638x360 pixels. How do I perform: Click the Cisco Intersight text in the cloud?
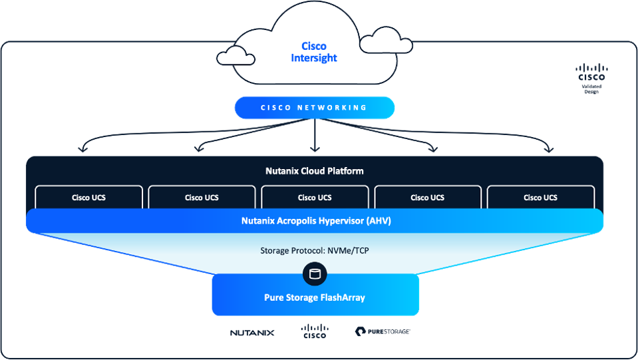coord(314,52)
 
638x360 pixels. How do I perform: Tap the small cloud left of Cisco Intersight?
coord(236,56)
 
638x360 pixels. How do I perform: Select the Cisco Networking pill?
coord(315,108)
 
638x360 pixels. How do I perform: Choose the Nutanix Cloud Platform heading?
coord(315,171)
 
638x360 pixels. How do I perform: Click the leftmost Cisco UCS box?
coord(89,198)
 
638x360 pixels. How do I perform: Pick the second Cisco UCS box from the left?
coord(202,198)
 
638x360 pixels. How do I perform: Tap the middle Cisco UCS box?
coord(315,198)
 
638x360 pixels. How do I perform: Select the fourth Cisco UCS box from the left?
coord(428,198)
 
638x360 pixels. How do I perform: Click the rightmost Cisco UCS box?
coord(540,198)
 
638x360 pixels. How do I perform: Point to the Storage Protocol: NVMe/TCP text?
coord(314,251)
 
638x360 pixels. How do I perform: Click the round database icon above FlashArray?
coord(315,273)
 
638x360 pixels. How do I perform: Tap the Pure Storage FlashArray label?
coord(315,297)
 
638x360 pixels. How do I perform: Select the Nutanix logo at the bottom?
coord(252,332)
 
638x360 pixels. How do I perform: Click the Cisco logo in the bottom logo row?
coord(315,331)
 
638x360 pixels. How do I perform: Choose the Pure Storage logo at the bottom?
coord(382,331)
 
